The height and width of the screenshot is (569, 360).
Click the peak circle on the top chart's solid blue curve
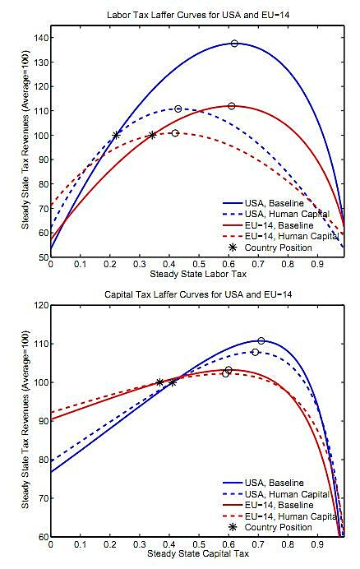tap(234, 44)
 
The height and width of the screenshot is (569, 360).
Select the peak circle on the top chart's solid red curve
tap(232, 106)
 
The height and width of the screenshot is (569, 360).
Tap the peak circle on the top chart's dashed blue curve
tap(178, 109)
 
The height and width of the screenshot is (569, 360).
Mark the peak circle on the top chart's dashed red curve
tap(175, 133)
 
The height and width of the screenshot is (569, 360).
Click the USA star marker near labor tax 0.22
tap(116, 135)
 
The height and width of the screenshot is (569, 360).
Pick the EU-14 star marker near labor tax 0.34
tap(152, 135)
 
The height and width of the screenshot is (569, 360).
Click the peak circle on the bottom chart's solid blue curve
tap(261, 340)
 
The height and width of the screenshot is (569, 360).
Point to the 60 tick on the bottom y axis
tap(41, 536)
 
